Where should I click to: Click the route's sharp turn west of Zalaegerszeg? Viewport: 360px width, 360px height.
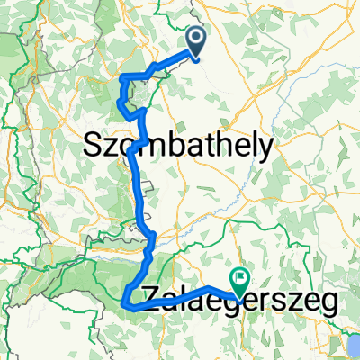pyautogui.click(x=123, y=306)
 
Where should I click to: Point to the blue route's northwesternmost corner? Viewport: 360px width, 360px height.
pyautogui.click(x=121, y=79)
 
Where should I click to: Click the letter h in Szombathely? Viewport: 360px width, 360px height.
pyautogui.click(x=221, y=144)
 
